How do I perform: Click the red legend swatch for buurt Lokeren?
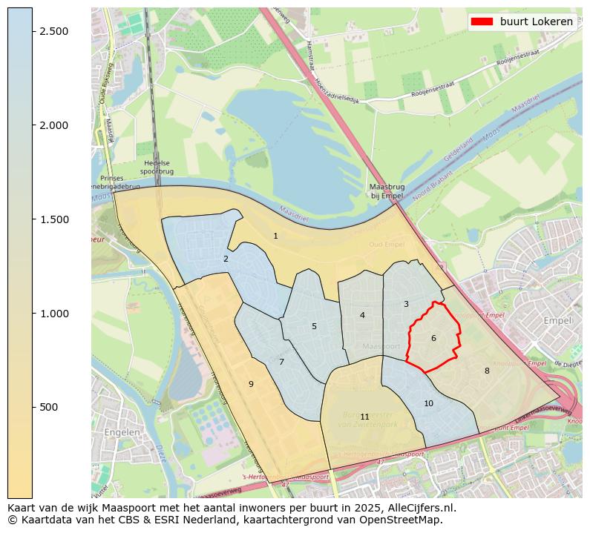(x=481, y=21)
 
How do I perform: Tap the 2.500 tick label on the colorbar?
(x=53, y=31)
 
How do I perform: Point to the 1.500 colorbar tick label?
(x=53, y=219)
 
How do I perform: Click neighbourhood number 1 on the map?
(x=275, y=236)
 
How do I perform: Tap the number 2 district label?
(x=226, y=259)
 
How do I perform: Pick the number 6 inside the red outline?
(x=433, y=339)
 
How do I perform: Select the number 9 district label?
(x=251, y=384)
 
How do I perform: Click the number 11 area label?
(x=364, y=417)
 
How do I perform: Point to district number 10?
(x=428, y=404)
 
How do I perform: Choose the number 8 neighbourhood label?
(x=487, y=371)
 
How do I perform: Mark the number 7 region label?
(x=281, y=362)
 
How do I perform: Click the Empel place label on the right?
(x=557, y=321)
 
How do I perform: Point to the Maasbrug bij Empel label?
(x=387, y=191)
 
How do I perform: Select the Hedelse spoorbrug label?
(x=157, y=168)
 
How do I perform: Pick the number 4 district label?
(x=362, y=316)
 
